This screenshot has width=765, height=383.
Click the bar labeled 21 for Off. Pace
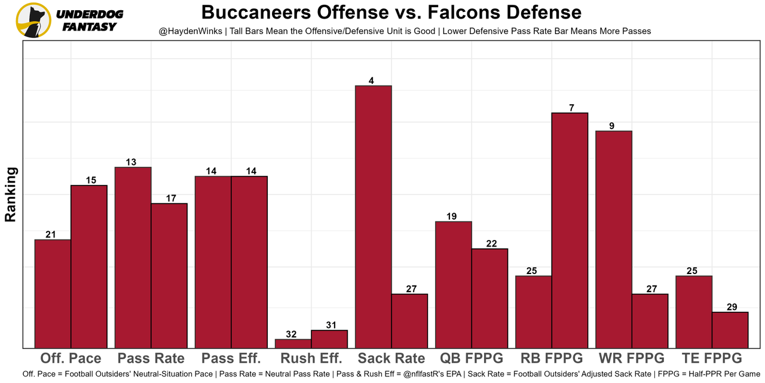pos(53,293)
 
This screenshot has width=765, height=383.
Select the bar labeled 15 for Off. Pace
pos(89,266)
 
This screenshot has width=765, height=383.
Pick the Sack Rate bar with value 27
pos(409,321)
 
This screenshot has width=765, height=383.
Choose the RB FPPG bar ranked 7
pos(570,230)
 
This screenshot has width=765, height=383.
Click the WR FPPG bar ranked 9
pos(614,239)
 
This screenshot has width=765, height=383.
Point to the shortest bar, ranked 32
pos(293,344)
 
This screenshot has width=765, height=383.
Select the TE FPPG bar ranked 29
pos(730,330)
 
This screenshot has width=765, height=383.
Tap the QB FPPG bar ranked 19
pos(454,284)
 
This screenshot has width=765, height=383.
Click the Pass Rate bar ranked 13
pos(133,257)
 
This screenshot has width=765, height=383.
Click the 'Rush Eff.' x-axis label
pos(311,358)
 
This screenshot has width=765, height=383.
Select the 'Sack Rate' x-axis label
pos(391,358)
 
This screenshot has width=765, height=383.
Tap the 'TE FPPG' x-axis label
pos(711,358)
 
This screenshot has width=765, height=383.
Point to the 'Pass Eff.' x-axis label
pos(231,358)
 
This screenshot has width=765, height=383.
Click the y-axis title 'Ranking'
pos(10,194)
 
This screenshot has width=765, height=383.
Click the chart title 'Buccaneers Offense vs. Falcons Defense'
pos(391,13)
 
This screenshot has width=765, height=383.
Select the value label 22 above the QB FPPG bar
pos(492,244)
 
